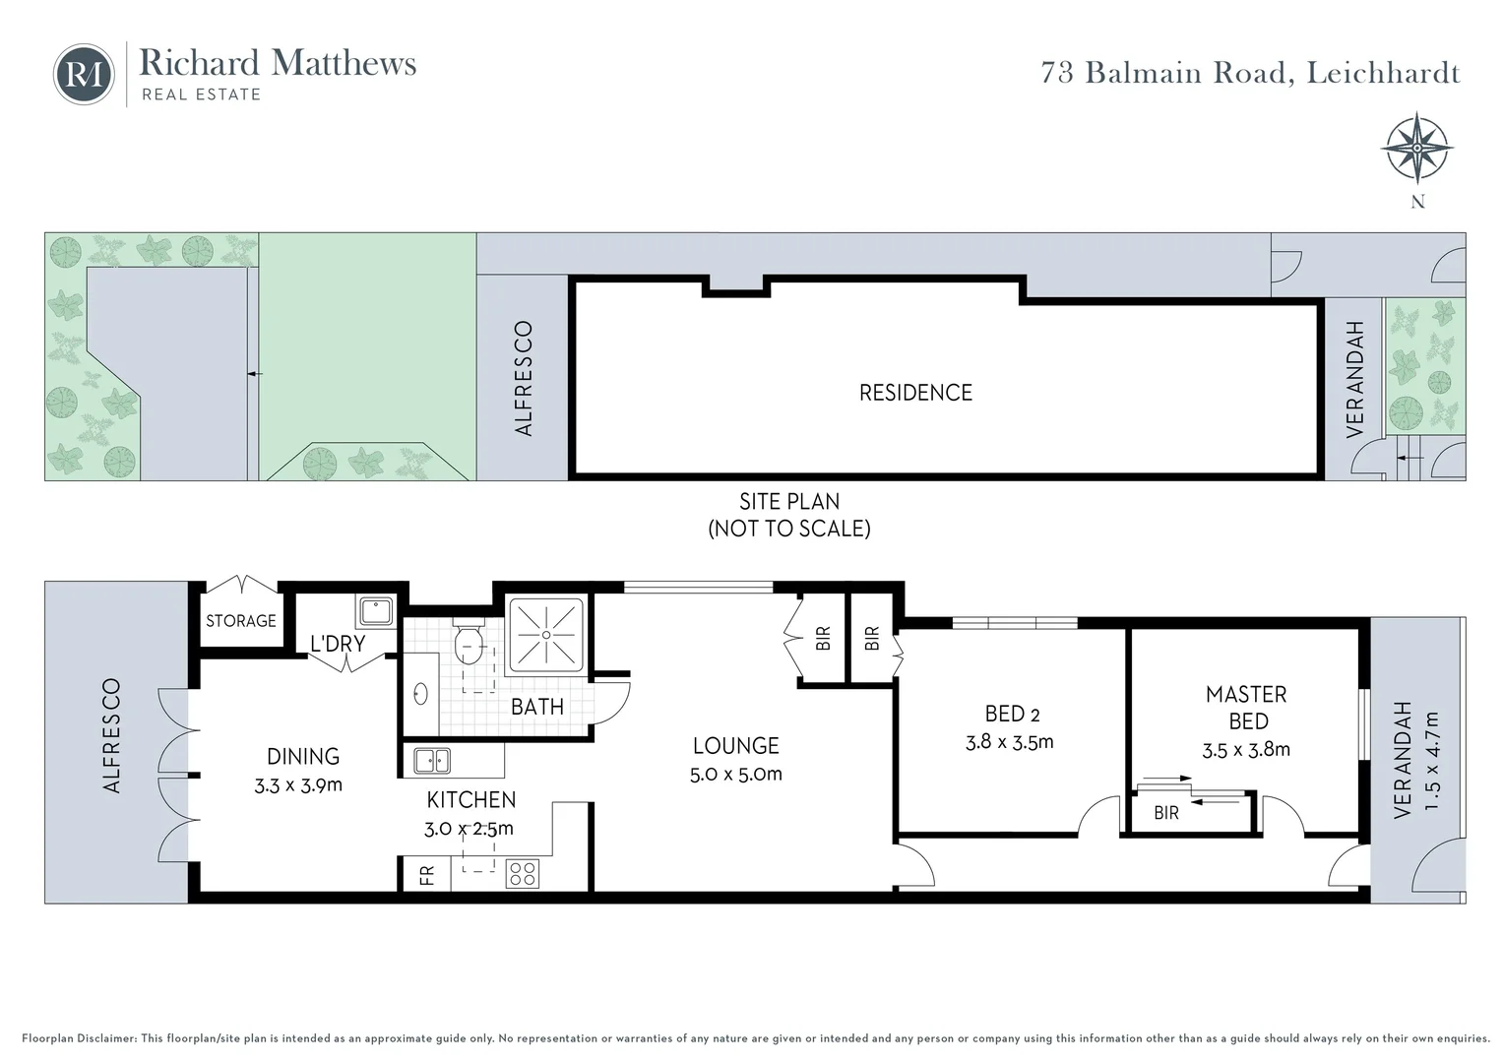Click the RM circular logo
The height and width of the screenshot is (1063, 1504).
click(x=84, y=74)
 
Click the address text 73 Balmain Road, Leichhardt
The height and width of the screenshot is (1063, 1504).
click(x=1250, y=73)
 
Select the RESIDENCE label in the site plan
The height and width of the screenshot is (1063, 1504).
click(x=915, y=393)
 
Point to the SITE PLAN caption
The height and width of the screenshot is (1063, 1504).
click(x=789, y=501)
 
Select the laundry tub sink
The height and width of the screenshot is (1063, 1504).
click(x=375, y=611)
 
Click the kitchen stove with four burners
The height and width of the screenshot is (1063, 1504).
click(x=522, y=873)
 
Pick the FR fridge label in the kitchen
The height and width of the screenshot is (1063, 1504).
click(x=427, y=874)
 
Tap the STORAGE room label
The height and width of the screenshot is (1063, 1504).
click(x=241, y=621)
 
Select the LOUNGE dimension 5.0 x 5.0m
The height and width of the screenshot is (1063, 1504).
click(x=736, y=774)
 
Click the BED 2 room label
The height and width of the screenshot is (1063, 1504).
click(x=1012, y=715)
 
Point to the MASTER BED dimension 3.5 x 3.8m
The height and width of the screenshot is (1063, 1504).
click(x=1246, y=750)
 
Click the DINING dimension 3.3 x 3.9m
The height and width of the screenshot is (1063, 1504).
click(x=303, y=784)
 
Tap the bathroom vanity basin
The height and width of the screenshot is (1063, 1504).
click(x=420, y=694)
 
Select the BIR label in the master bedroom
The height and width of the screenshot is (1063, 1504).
click(x=1166, y=814)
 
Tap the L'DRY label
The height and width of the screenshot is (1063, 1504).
click(x=338, y=644)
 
